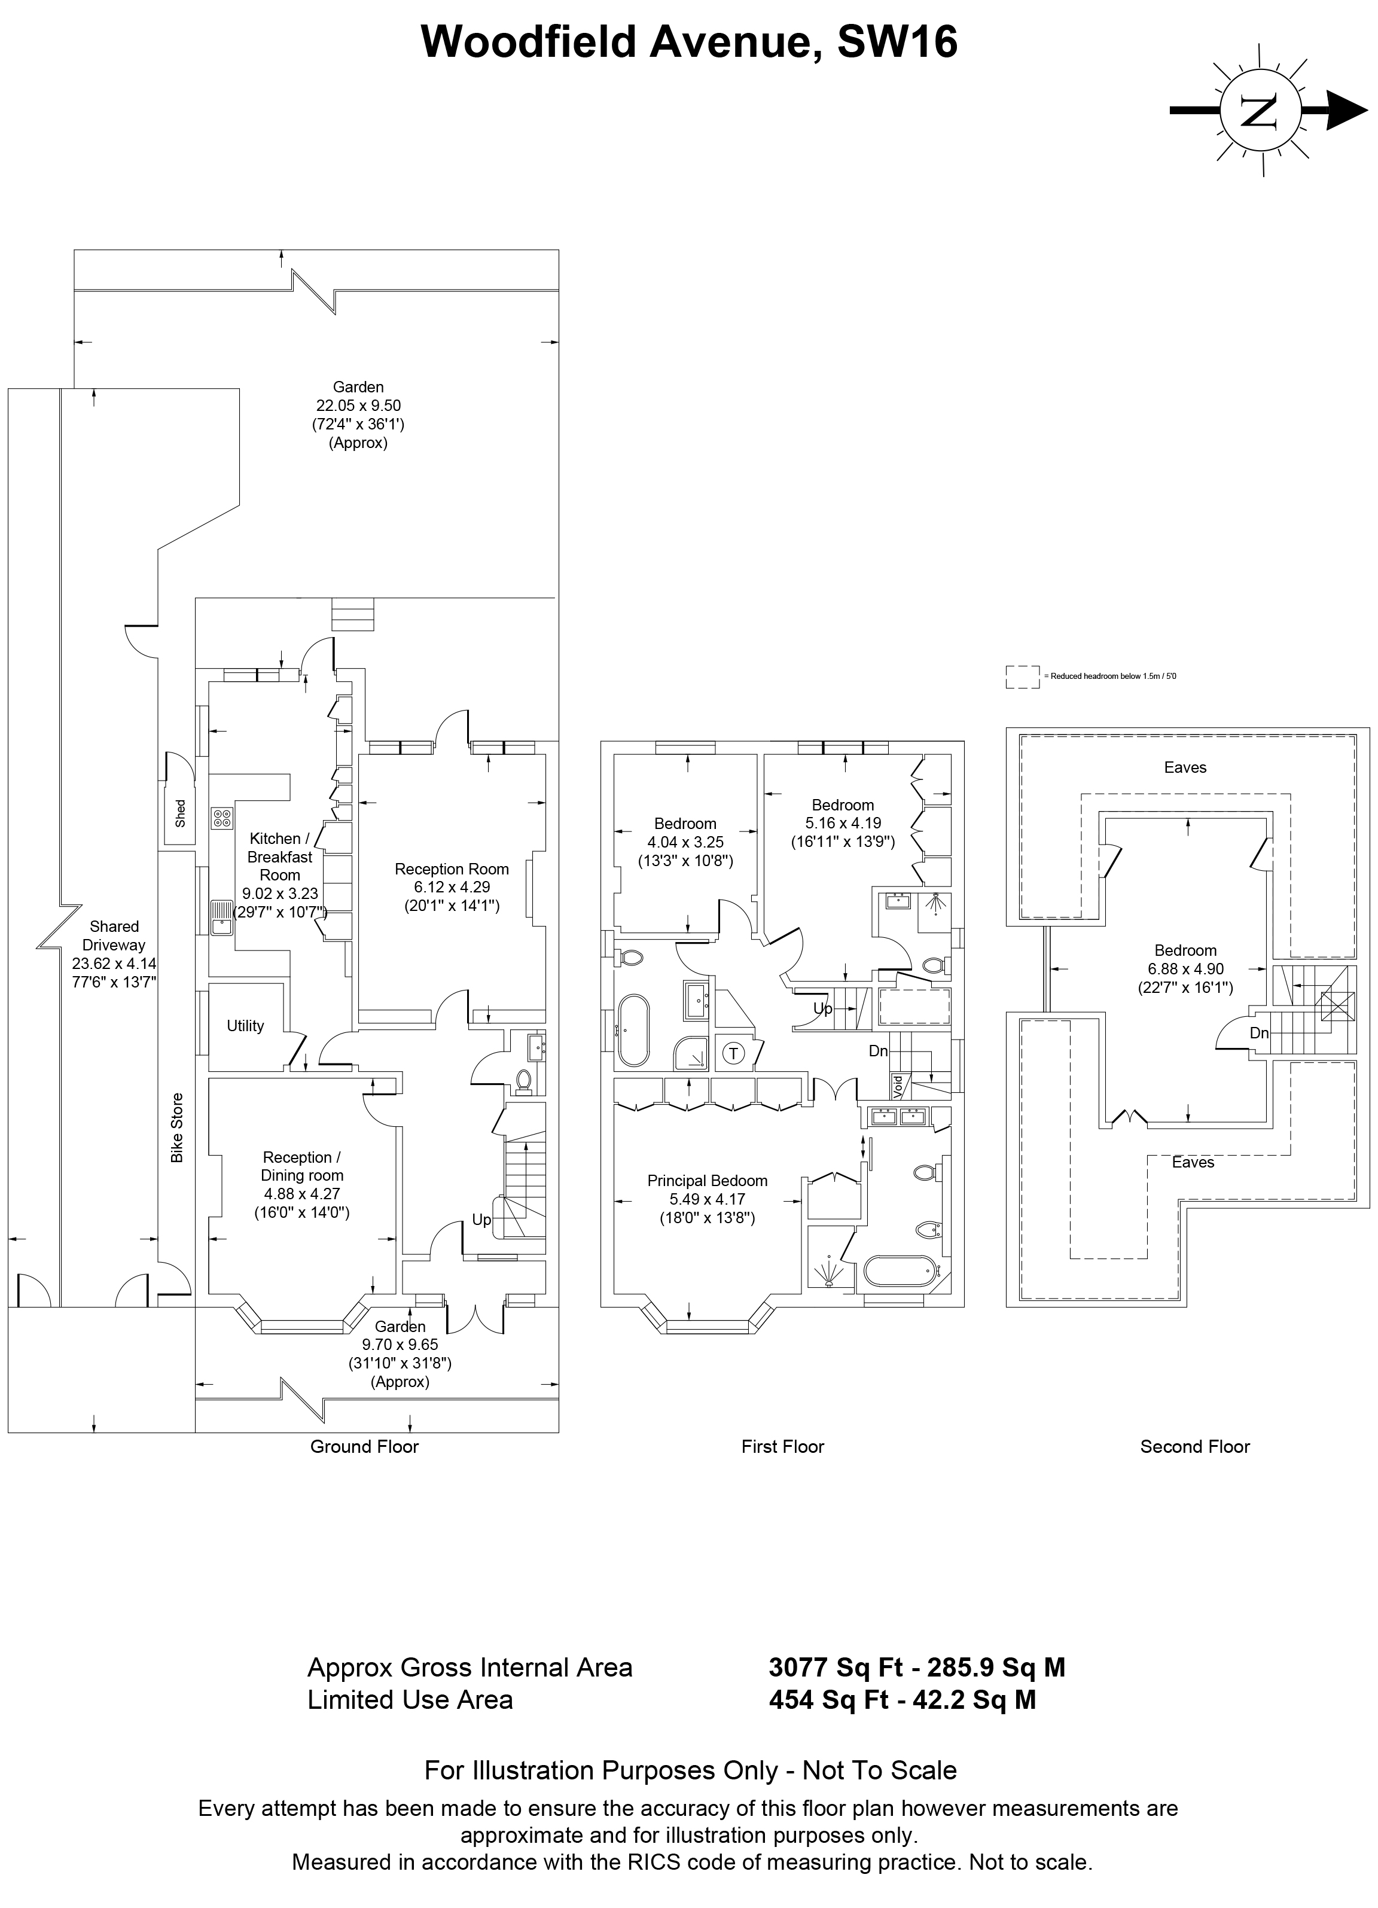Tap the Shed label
[180, 813]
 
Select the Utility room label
[245, 1026]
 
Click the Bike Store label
[176, 1128]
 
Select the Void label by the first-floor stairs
[898, 1087]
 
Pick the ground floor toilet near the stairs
[523, 1080]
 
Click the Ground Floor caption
[364, 1446]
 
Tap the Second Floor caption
[1194, 1446]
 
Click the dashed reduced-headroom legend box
[1023, 677]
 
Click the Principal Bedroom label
[708, 1180]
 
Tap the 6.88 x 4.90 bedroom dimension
[1185, 969]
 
